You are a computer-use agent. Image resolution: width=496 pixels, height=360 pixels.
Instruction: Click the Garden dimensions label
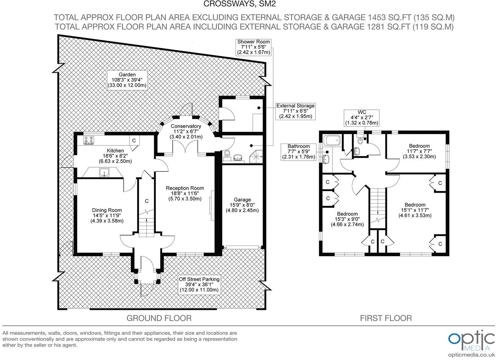(x=127, y=80)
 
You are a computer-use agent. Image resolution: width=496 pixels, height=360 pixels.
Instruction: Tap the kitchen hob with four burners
(x=89, y=140)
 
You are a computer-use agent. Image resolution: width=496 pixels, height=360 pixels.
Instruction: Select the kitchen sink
(x=104, y=172)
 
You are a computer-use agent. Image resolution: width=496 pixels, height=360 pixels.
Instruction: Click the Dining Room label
(x=107, y=216)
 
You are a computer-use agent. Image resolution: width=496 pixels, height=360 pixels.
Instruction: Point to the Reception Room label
(x=185, y=193)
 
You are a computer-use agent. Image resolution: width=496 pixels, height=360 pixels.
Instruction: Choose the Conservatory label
(x=186, y=132)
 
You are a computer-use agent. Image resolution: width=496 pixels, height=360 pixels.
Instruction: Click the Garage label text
(x=242, y=205)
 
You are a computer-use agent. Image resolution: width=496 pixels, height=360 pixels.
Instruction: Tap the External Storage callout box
(x=295, y=111)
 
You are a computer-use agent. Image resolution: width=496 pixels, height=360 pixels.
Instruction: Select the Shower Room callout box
(x=254, y=47)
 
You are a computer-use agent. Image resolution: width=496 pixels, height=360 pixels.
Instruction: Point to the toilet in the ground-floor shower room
(x=227, y=155)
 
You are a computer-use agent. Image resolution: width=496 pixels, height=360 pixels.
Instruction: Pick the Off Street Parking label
(x=199, y=285)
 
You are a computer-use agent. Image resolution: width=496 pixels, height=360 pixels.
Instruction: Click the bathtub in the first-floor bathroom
(x=332, y=140)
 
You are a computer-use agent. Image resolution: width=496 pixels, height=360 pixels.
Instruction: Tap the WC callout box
(x=362, y=118)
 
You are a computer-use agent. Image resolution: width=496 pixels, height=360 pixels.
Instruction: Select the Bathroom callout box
(x=299, y=152)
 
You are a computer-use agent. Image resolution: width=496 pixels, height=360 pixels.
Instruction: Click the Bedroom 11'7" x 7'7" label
(x=419, y=151)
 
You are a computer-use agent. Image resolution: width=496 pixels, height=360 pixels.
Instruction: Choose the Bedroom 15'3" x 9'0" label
(x=347, y=219)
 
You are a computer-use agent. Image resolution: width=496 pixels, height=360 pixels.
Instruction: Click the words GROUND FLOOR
(x=159, y=318)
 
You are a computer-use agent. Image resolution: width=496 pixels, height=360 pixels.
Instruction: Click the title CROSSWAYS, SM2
(x=240, y=4)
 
